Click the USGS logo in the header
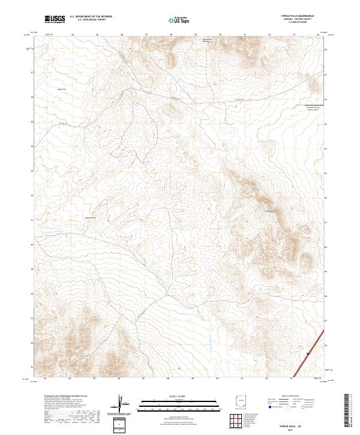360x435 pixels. point(53,19)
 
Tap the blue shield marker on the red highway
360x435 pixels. point(306,354)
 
